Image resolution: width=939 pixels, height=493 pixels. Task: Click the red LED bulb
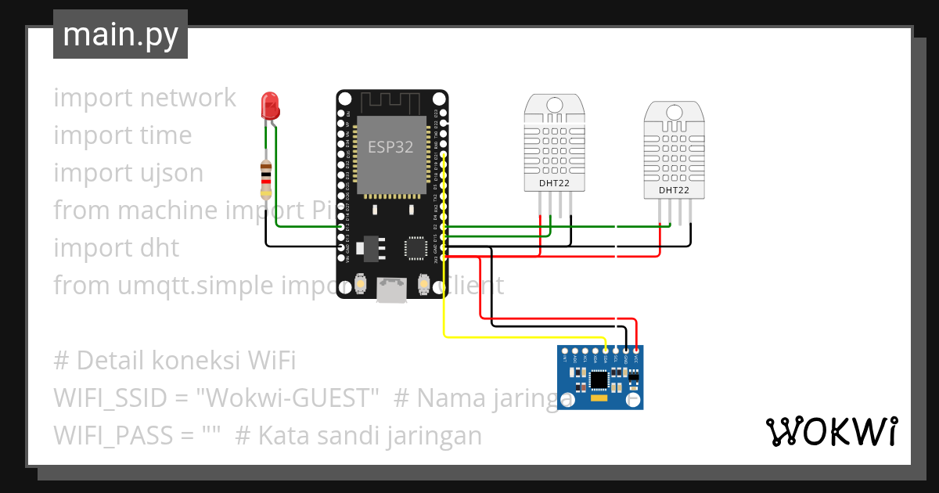(270, 104)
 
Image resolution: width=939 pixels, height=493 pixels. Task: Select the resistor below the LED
(266, 178)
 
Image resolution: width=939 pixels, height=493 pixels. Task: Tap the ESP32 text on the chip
(390, 146)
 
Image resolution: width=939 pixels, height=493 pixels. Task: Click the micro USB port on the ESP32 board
(391, 290)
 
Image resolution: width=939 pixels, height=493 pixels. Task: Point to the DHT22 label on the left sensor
(554, 184)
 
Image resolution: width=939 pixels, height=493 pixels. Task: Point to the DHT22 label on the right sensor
(674, 190)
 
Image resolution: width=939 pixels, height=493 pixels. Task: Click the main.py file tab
(121, 35)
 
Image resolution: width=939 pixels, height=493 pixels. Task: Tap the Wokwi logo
(831, 432)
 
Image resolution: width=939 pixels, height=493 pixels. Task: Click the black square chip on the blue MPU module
(599, 380)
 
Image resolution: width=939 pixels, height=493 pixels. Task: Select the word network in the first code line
(188, 98)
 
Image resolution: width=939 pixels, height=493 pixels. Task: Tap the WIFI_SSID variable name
(110, 398)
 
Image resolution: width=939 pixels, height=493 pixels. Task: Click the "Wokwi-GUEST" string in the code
(290, 398)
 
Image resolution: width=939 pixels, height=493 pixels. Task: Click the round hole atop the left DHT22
(554, 104)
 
